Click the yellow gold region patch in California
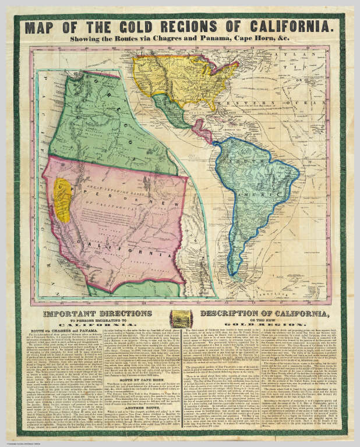click(62, 200)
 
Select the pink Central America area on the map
click(202, 131)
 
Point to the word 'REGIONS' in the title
click(200, 26)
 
